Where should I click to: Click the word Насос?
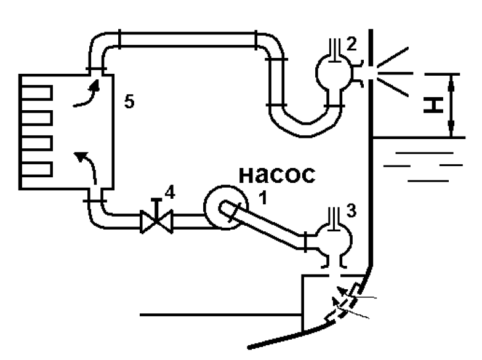(277, 175)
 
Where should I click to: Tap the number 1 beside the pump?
(263, 197)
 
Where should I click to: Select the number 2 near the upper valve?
(351, 44)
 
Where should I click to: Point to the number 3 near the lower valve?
(351, 210)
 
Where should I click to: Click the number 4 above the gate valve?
(170, 193)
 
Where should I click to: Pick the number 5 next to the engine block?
(129, 101)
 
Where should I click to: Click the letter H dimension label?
(433, 105)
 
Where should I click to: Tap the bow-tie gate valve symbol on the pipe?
(156, 222)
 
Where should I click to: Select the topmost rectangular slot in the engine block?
(36, 93)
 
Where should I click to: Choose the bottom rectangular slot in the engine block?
(36, 169)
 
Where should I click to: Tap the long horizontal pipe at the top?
(188, 39)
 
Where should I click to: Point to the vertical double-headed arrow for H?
(451, 105)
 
